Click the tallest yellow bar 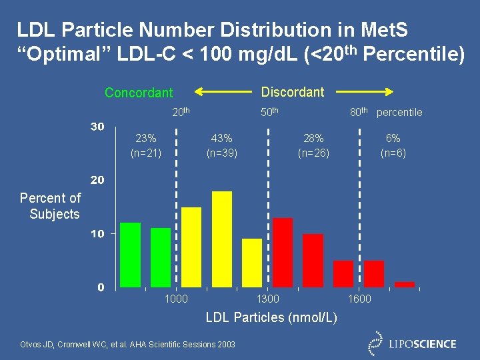pyautogui.click(x=221, y=239)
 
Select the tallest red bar pyautogui.click(x=283, y=252)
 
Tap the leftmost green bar pyautogui.click(x=130, y=255)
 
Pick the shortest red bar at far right pyautogui.click(x=404, y=285)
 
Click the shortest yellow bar pyautogui.click(x=252, y=263)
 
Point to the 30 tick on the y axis pyautogui.click(x=97, y=127)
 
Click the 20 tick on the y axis pyautogui.click(x=97, y=180)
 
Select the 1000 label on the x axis pyautogui.click(x=176, y=299)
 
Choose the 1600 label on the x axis pyautogui.click(x=359, y=299)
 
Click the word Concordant pyautogui.click(x=139, y=93)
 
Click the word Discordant pyautogui.click(x=292, y=92)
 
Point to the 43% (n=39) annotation pyautogui.click(x=221, y=145)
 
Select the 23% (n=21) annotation pyautogui.click(x=145, y=145)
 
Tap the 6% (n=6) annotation pyautogui.click(x=393, y=145)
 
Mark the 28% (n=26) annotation pyautogui.click(x=313, y=145)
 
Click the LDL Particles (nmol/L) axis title pyautogui.click(x=271, y=317)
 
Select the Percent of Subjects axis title pyautogui.click(x=51, y=206)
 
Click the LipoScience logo pyautogui.click(x=413, y=343)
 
